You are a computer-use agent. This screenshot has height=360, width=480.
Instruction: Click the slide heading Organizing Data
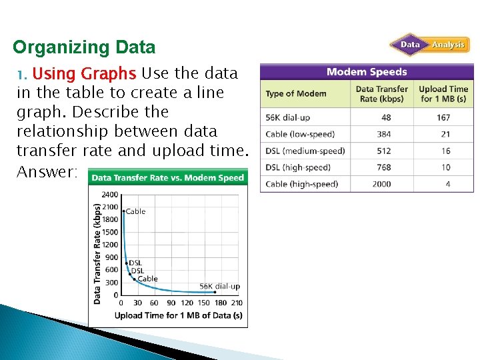pos(84,48)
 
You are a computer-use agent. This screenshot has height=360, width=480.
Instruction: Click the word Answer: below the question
pos(47,172)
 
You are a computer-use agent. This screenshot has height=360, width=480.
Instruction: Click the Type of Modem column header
pos(296,94)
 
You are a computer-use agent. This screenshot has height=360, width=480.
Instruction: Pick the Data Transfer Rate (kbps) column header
pos(382,94)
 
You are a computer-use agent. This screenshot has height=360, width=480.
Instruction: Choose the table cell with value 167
pos(444,117)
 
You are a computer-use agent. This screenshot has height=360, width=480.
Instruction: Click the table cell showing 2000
pos(382,184)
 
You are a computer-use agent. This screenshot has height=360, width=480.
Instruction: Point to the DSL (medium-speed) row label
pos(305,151)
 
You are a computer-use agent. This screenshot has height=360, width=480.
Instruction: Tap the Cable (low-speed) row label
pos(300,134)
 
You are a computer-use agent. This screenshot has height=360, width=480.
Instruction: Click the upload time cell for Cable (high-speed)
pos(447,184)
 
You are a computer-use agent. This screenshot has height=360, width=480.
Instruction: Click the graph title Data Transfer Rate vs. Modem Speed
pos(167,178)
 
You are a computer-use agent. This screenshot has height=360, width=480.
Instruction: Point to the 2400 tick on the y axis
pos(109,195)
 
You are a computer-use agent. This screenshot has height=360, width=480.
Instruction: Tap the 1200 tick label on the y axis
pos(109,245)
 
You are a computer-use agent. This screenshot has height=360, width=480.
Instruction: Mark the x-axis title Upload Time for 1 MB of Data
pos(178,315)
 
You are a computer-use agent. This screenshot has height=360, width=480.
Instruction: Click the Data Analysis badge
pos(430,45)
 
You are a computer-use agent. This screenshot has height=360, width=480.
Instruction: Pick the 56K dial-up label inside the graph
pos(219,286)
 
